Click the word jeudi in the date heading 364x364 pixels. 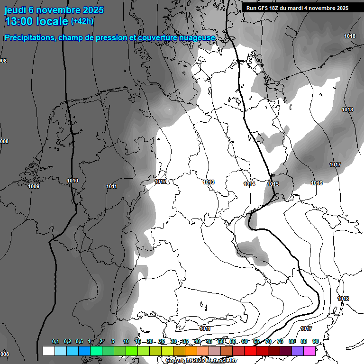click(x=15, y=10)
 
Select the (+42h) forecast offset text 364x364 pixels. click(x=82, y=21)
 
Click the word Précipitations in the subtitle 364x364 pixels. click(x=29, y=37)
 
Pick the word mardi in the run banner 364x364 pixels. click(x=306, y=8)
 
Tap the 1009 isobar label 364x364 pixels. click(x=34, y=186)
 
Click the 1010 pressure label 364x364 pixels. click(x=73, y=181)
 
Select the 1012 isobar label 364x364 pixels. click(x=160, y=182)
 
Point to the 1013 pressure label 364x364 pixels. click(x=209, y=182)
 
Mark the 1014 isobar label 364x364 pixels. click(x=249, y=184)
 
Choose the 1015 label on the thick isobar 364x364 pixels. click(x=273, y=184)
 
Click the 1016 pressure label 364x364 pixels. click(x=317, y=183)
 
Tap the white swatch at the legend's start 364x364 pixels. click(x=49, y=351)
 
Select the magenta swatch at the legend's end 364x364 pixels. click(x=309, y=351)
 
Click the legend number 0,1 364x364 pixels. click(x=55, y=341)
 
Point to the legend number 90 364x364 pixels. click(x=315, y=341)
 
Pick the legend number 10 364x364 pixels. click(x=126, y=341)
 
